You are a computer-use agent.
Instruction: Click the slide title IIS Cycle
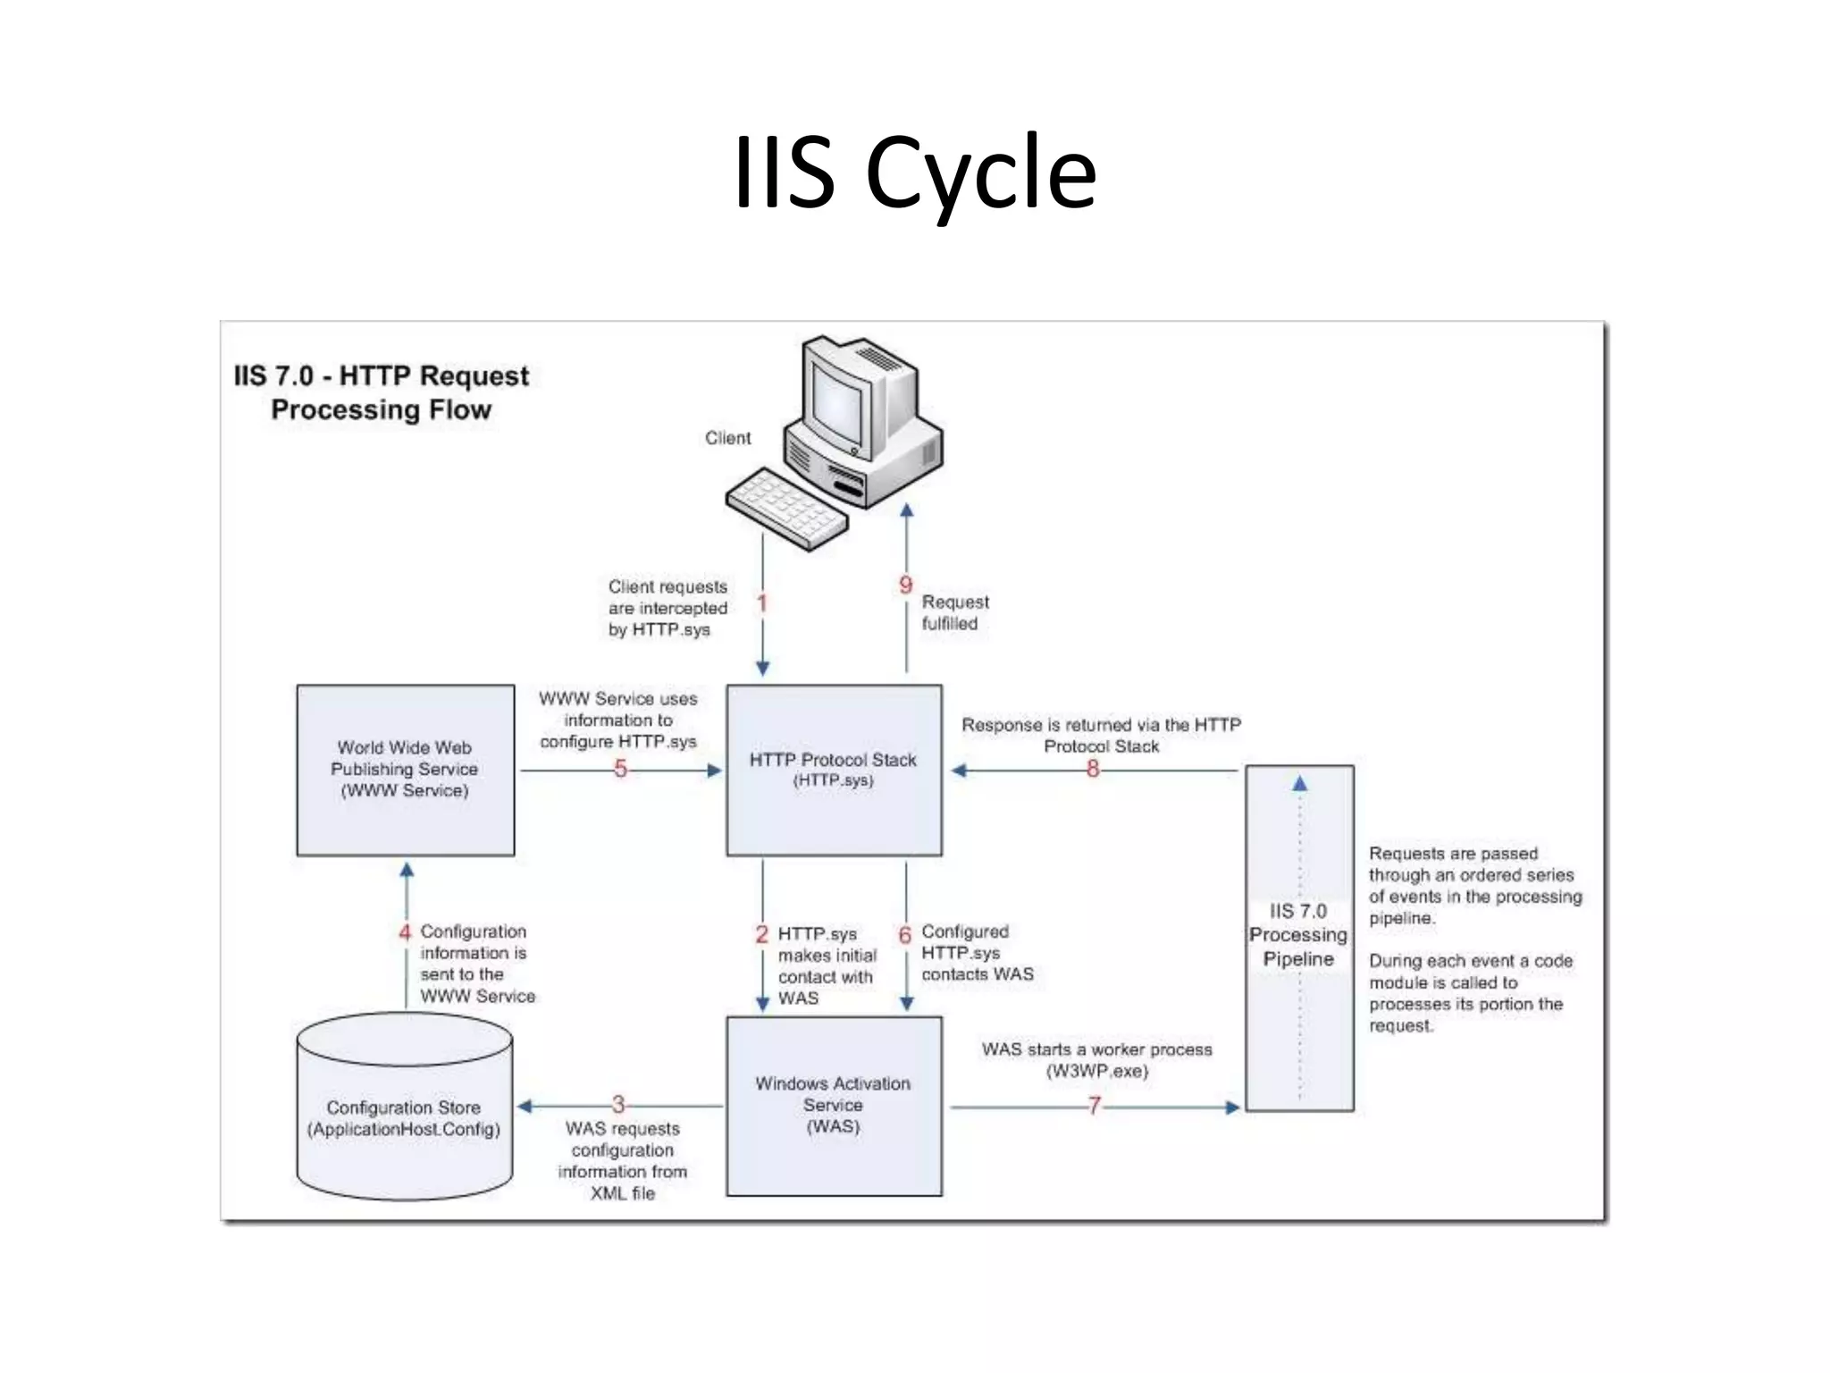[x=914, y=172]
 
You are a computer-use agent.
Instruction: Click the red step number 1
[x=761, y=603]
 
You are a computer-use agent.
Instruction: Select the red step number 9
[x=905, y=585]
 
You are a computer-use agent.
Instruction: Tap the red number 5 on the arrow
[x=620, y=769]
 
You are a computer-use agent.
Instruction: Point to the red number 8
[x=1092, y=769]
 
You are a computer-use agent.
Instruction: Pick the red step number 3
[x=617, y=1105]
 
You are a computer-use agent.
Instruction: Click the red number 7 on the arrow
[x=1094, y=1107]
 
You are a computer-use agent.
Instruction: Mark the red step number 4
[x=405, y=932]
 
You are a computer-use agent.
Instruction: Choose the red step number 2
[x=761, y=934]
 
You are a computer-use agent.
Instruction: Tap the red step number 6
[x=904, y=935]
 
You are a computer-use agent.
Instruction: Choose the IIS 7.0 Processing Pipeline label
[x=1297, y=935]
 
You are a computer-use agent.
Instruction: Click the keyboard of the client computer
[x=786, y=507]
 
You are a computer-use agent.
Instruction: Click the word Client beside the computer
[x=727, y=438]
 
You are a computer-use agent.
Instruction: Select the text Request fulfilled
[x=953, y=612]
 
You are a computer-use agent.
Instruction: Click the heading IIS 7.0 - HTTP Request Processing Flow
[x=382, y=392]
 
